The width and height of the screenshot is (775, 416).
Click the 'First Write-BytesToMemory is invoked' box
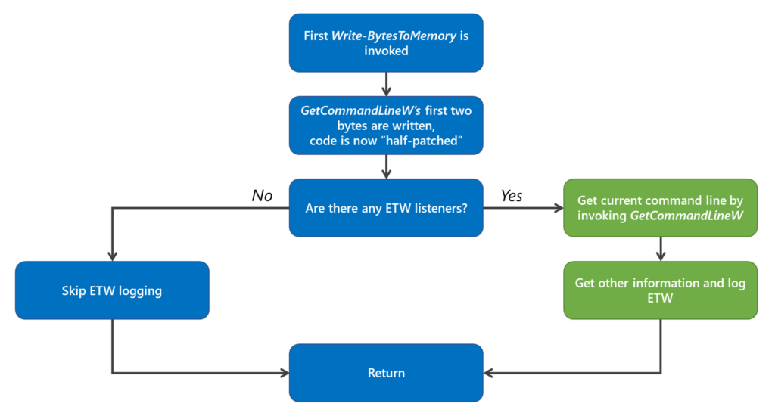pos(386,43)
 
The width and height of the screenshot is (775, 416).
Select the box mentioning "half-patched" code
pos(386,126)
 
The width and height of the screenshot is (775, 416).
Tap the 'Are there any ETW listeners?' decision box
pos(386,208)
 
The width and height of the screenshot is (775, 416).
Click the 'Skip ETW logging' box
pos(112,290)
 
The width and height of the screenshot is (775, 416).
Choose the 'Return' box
pos(386,373)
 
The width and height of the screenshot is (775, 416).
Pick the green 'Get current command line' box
pos(660,208)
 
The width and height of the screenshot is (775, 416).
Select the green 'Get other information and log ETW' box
pos(660,290)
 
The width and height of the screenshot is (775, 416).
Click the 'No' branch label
pos(262,196)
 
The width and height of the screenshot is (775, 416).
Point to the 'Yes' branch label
pos(512,196)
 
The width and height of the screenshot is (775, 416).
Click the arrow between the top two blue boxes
pos(387,84)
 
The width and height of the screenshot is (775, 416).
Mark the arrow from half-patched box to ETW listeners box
pos(387,166)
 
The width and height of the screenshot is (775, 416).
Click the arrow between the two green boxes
pos(661,249)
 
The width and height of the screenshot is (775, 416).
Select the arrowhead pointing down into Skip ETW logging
pos(112,256)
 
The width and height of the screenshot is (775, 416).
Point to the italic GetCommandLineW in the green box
pos(687,216)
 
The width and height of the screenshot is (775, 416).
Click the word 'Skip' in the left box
pos(74,290)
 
